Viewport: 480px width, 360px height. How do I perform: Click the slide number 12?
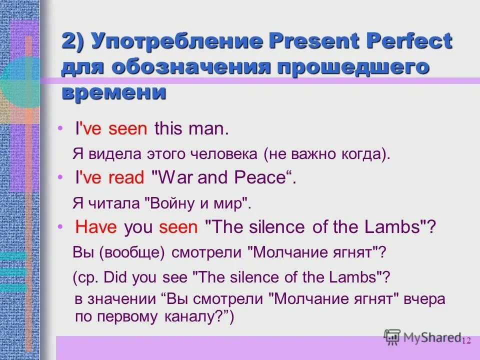(466, 341)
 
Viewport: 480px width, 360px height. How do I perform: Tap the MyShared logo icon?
(392, 337)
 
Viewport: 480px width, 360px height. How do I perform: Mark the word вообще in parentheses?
(131, 252)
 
